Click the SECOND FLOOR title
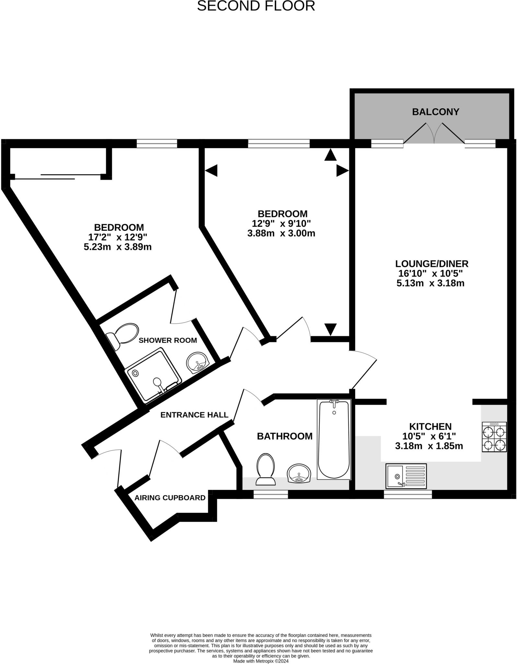pyautogui.click(x=256, y=6)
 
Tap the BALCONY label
pyautogui.click(x=435, y=112)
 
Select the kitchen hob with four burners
pyautogui.click(x=494, y=437)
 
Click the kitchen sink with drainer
pyautogui.click(x=406, y=476)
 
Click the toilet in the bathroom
pyautogui.click(x=265, y=469)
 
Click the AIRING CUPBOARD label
pyautogui.click(x=170, y=498)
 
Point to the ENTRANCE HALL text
pyautogui.click(x=194, y=415)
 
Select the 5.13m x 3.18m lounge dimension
pyautogui.click(x=430, y=283)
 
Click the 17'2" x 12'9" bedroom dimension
pyautogui.click(x=118, y=237)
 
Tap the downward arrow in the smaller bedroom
pyautogui.click(x=330, y=329)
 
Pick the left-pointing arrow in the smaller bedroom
pyautogui.click(x=211, y=170)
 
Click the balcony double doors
pyautogui.click(x=434, y=134)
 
